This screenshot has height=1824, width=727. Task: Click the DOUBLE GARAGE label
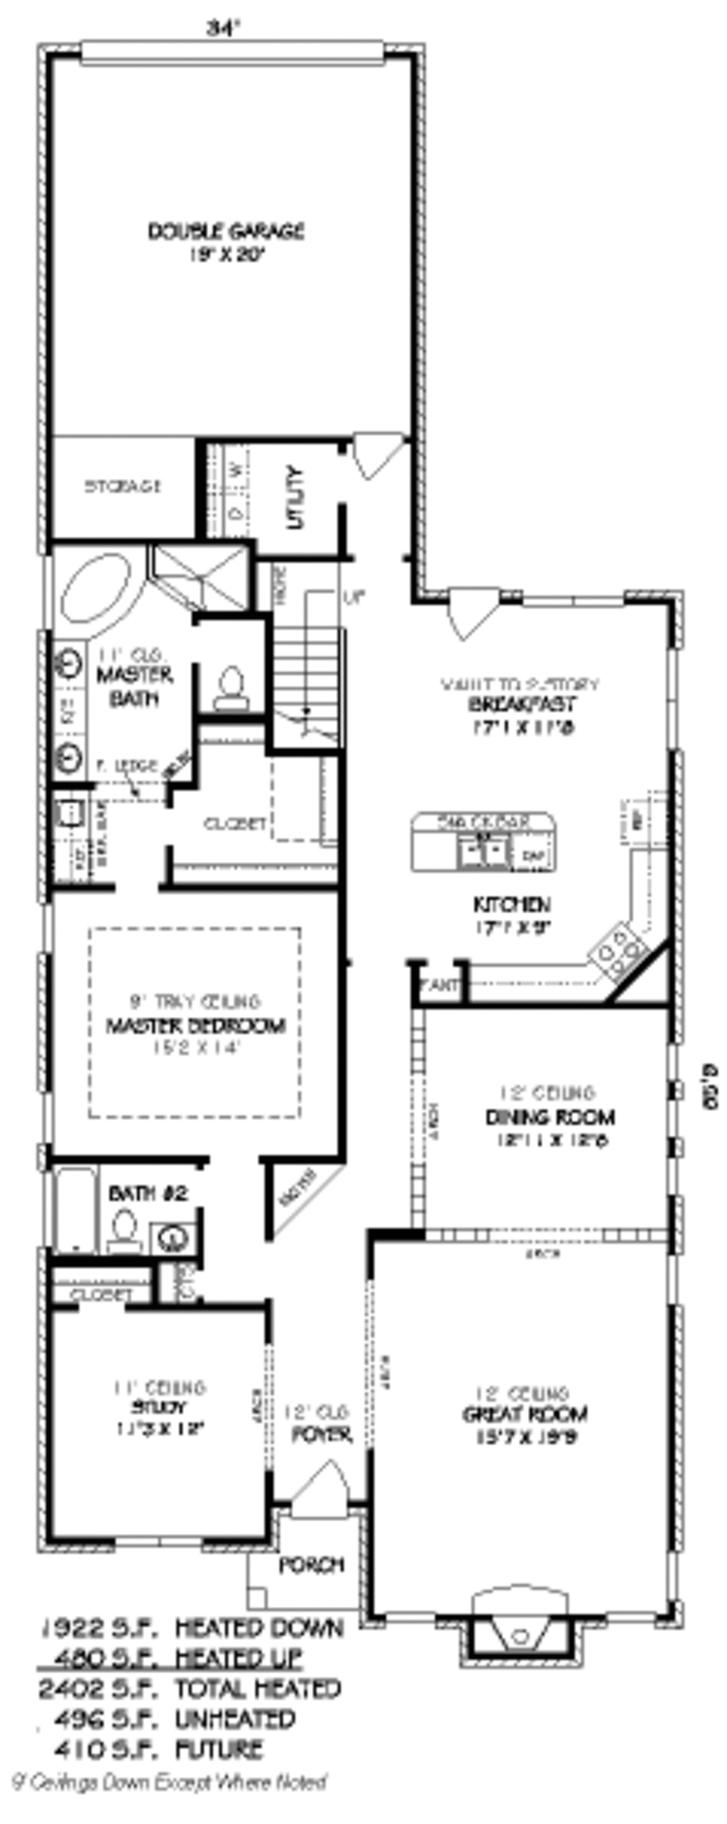226,232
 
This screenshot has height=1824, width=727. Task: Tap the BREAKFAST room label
521,704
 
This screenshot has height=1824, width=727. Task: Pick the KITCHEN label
511,905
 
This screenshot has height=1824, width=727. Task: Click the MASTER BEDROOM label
196,1026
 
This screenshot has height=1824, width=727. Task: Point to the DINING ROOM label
550,1117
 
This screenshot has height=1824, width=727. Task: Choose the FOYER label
322,1435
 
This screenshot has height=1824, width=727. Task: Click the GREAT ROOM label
525,1414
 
